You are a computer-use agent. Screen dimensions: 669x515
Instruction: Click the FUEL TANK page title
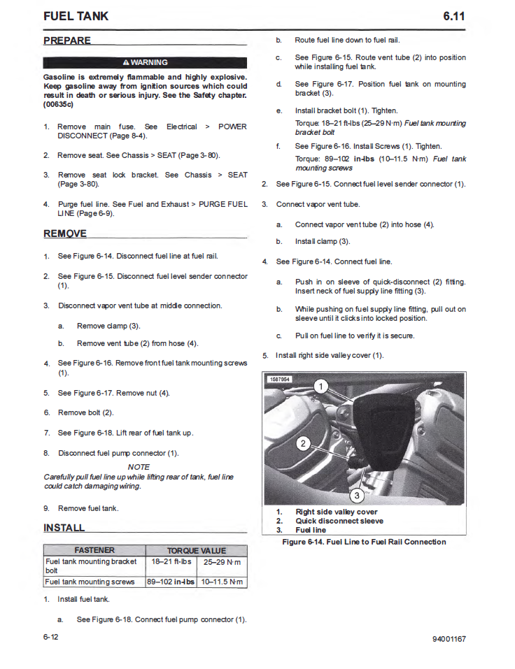click(76, 16)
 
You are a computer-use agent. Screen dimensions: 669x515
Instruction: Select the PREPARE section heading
click(67, 41)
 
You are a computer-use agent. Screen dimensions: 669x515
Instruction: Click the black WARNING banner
click(145, 62)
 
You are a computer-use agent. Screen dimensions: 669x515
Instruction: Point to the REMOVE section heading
click(65, 233)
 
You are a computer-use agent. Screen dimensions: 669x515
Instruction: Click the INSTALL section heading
click(64, 528)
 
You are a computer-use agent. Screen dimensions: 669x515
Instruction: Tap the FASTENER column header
click(94, 550)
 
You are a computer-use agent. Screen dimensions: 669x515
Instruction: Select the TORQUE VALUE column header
click(196, 550)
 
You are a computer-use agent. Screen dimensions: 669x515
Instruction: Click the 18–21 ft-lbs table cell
click(171, 561)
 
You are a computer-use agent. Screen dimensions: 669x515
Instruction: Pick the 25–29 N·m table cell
click(223, 561)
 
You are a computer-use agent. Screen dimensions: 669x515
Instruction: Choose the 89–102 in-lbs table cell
click(171, 582)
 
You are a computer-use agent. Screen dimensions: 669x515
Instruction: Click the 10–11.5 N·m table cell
click(223, 582)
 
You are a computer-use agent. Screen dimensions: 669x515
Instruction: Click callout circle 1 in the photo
click(321, 387)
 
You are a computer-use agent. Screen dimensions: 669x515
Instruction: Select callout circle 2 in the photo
click(304, 443)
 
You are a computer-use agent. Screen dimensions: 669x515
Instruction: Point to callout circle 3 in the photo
click(356, 496)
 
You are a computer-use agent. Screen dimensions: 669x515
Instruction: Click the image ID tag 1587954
click(280, 380)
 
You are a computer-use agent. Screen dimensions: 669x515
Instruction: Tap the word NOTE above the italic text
click(139, 467)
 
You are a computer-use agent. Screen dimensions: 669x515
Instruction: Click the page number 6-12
click(51, 638)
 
